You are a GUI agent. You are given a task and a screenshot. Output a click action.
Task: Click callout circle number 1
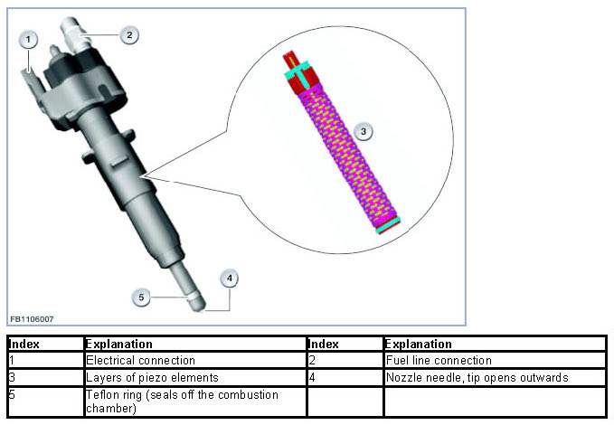tap(29, 40)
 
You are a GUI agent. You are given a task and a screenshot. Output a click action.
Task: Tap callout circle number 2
tap(129, 35)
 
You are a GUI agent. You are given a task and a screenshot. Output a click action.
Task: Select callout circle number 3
tap(363, 131)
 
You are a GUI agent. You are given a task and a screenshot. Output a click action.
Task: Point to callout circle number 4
tap(231, 279)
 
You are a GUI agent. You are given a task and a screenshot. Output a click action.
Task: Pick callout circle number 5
tap(140, 296)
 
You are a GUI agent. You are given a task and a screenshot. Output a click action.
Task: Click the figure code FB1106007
tap(33, 319)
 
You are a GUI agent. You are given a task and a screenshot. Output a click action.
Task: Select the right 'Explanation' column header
tap(418, 344)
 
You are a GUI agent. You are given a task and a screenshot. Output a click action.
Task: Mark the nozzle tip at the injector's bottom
tap(194, 301)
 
